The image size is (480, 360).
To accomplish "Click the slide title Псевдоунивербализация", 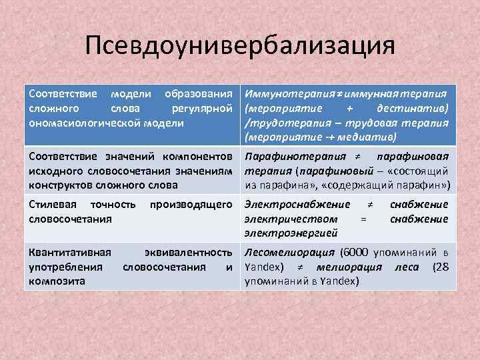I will point(240,46).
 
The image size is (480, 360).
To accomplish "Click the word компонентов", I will point(202,157).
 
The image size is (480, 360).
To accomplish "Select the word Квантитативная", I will point(69,253).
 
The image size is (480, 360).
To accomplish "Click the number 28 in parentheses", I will point(440,267).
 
